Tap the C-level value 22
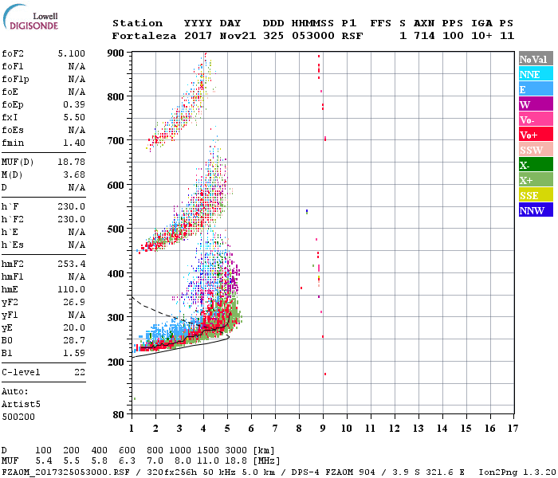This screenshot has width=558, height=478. tap(80, 372)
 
